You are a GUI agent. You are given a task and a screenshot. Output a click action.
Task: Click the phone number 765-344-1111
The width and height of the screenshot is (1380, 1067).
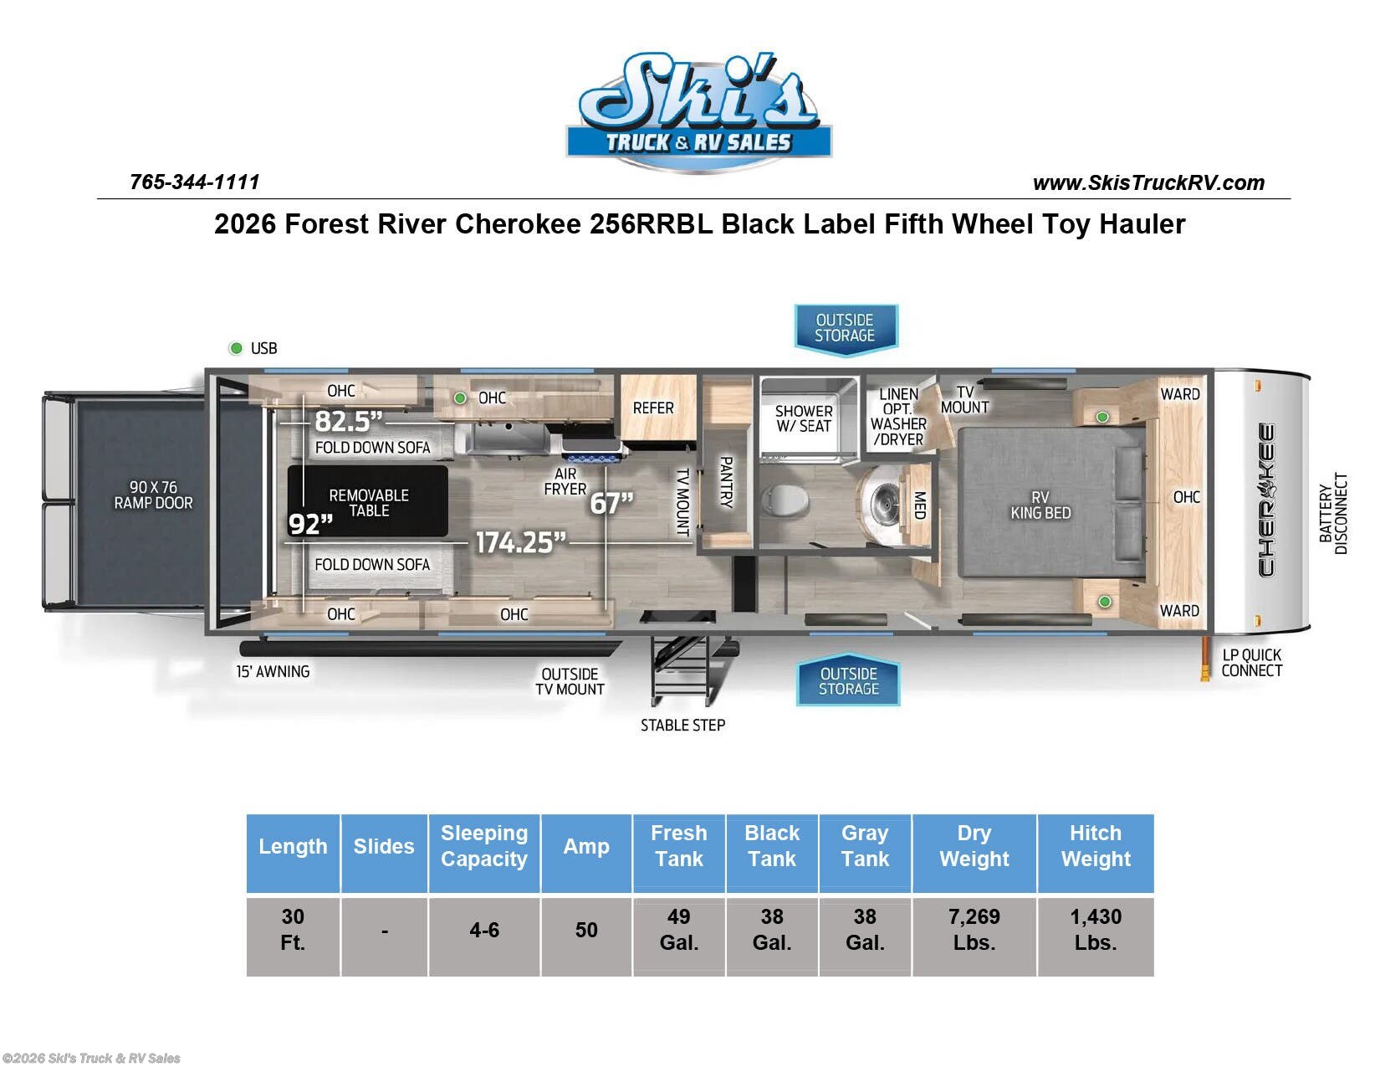pos(194,182)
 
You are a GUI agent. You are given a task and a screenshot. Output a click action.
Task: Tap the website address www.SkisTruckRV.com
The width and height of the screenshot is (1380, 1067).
pos(1148,182)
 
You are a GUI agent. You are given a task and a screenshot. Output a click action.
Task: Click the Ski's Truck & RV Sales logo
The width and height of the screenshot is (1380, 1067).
pos(698,113)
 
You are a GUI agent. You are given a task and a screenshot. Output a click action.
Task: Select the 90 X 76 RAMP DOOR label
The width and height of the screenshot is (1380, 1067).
pos(153,495)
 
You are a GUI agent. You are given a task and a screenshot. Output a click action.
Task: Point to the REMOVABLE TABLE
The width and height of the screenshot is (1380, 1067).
pos(368,502)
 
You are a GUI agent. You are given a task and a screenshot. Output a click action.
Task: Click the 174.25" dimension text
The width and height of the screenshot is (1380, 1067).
pos(520,542)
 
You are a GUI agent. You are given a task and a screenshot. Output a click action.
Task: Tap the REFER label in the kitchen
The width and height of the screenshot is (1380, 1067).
pos(653,408)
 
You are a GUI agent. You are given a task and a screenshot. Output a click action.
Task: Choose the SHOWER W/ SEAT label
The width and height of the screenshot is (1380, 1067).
pos(803,418)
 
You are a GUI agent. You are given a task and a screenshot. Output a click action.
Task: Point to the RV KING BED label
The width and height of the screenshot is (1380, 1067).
pos(1040,505)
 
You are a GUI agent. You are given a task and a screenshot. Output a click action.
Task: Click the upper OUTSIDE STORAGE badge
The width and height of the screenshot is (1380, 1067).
pos(845,327)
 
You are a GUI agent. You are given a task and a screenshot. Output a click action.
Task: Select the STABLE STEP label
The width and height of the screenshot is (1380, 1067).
pos(682,726)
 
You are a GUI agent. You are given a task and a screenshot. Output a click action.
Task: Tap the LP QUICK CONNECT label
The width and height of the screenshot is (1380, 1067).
pos(1250,663)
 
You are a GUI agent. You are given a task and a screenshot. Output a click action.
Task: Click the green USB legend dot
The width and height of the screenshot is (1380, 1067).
pos(236,348)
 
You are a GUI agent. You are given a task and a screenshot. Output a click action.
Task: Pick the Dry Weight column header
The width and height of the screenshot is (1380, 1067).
pos(974,846)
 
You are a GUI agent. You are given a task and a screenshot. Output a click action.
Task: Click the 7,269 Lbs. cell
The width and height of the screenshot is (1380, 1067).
pos(974,929)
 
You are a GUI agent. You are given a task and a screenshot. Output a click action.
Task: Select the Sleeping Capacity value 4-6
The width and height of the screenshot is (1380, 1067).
pos(484,930)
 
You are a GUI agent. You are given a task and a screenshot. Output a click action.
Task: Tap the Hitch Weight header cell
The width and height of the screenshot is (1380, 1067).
pos(1095,846)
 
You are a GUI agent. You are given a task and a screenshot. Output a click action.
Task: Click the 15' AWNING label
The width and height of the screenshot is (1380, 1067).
pos(273,671)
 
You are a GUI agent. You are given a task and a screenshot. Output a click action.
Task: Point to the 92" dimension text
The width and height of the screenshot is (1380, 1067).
pos(310,524)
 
